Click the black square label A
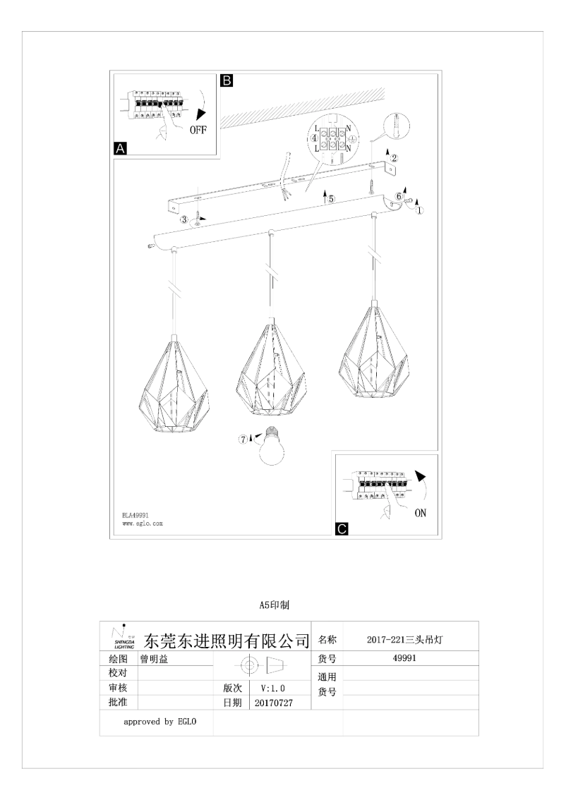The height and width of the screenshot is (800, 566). pyautogui.click(x=120, y=149)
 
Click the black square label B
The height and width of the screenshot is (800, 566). pyautogui.click(x=227, y=80)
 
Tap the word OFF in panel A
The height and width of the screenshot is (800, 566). pyautogui.click(x=198, y=131)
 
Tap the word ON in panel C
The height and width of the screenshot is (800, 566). pyautogui.click(x=420, y=513)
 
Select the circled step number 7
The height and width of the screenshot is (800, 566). pyautogui.click(x=243, y=439)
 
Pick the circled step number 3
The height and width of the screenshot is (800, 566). pyautogui.click(x=184, y=220)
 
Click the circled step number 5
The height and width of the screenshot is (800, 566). pyautogui.click(x=330, y=200)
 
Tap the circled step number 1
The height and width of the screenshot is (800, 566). pyautogui.click(x=421, y=210)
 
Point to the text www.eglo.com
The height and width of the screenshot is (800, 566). pyautogui.click(x=143, y=524)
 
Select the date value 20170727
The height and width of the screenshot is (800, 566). pyautogui.click(x=272, y=703)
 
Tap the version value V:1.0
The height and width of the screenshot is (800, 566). pyautogui.click(x=272, y=687)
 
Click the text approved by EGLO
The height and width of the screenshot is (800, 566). pyautogui.click(x=159, y=722)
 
